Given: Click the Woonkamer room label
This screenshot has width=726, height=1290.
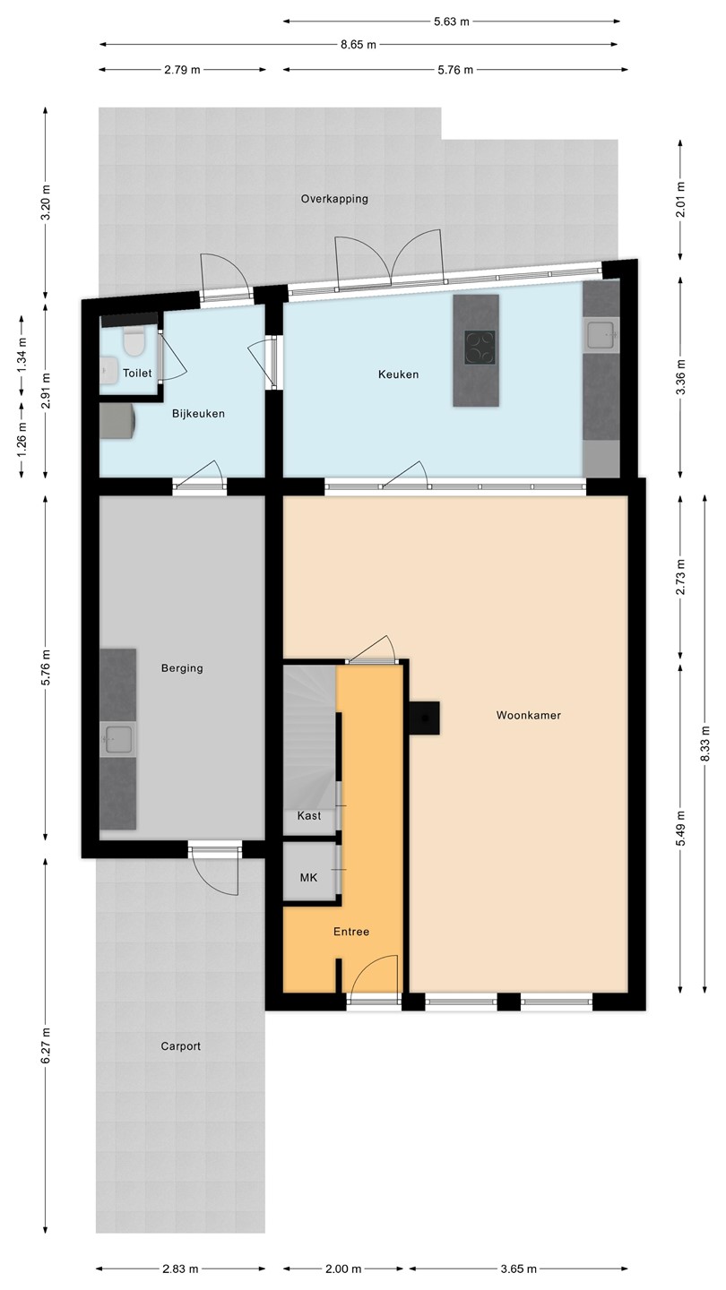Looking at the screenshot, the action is tap(529, 715).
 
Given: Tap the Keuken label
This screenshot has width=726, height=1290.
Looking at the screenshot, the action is tap(398, 374).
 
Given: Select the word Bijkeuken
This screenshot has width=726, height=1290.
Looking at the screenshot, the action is tap(198, 414).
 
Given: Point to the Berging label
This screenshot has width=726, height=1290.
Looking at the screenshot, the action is tap(182, 668).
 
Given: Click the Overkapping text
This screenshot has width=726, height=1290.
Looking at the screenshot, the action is tap(334, 199).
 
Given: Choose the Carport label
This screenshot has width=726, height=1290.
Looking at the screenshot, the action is tap(180, 1046).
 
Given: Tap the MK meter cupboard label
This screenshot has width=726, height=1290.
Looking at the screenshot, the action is tap(309, 878).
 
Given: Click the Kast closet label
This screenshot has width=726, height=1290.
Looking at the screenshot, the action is tap(309, 815).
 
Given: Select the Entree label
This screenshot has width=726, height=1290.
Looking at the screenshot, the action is tap(351, 932).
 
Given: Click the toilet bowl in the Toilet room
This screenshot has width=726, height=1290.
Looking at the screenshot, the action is tap(133, 340).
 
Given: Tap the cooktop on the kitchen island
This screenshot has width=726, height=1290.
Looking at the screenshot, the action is tap(480, 348).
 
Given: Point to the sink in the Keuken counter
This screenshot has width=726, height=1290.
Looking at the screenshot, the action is tap(601, 335).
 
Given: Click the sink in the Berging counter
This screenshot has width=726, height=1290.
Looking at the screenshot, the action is tap(117, 739).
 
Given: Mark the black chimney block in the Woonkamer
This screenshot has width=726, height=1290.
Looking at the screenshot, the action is tap(424, 718).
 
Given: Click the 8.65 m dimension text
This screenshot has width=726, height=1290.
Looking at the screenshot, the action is tap(358, 45).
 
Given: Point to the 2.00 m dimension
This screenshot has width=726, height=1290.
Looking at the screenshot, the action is tap(343, 1268).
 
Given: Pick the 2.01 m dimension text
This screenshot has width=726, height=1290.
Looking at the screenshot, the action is tap(681, 199).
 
